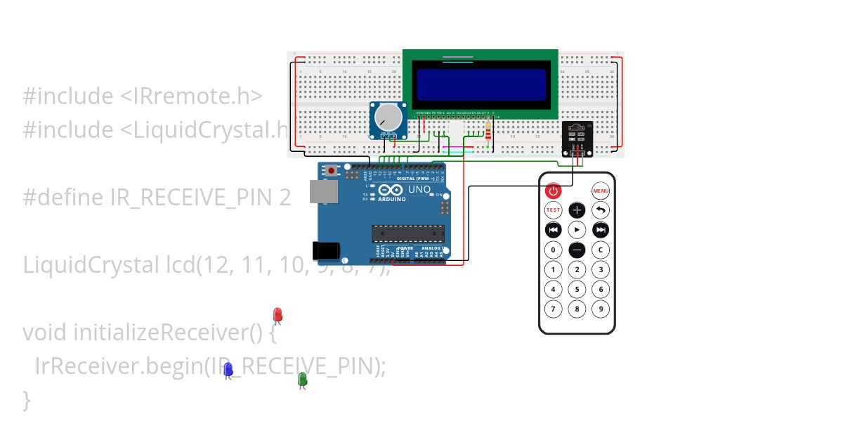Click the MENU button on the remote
601,191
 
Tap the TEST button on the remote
553,210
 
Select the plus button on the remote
577,210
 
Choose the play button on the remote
577,230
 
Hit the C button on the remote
601,250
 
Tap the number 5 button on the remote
577,289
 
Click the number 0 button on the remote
553,250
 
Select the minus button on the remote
577,250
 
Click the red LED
277,314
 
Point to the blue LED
228,369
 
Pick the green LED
302,379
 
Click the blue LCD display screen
481,84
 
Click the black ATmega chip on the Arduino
407,233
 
